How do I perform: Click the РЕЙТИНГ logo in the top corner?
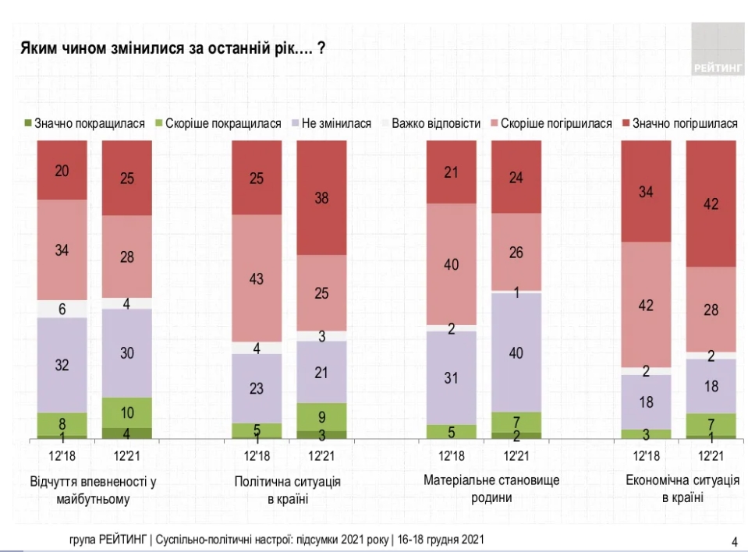point(716,49)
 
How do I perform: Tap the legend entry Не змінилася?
point(328,123)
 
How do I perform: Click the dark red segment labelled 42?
point(711,204)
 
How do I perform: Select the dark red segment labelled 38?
point(321,198)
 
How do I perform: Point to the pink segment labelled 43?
point(257,278)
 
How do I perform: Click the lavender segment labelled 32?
point(62,365)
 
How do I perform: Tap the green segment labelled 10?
point(127,412)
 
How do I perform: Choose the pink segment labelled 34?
point(62,249)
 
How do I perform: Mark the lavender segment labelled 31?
point(452,377)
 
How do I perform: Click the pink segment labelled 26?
point(516,252)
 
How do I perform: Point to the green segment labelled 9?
point(321,416)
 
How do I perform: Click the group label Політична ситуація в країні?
point(289,489)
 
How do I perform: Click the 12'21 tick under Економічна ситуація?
point(711,456)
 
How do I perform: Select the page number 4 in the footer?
point(734,541)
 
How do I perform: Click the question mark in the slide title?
point(321,48)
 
